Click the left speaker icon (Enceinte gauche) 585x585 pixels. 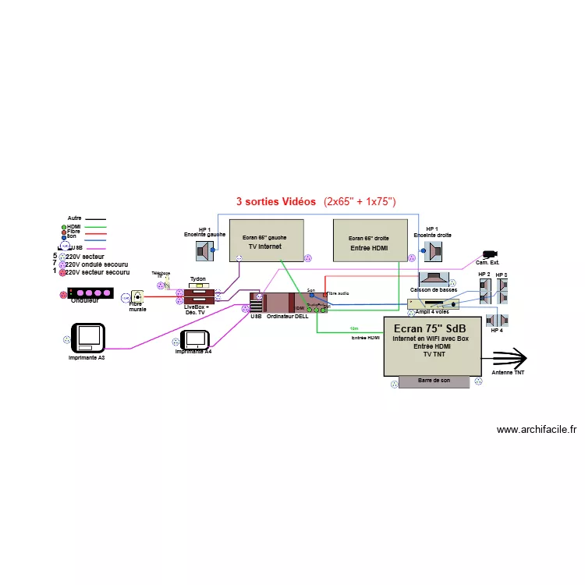pos(205,251)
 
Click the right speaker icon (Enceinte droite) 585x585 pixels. pos(434,252)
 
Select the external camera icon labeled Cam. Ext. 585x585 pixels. pos(491,254)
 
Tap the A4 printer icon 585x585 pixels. pos(194,339)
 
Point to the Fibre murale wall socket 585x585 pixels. pos(138,296)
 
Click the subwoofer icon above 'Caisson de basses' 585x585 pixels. pos(434,278)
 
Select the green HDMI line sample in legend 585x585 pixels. pos(95,226)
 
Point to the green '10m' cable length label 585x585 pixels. pos(355,329)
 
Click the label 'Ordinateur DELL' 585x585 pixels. pos(288,317)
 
